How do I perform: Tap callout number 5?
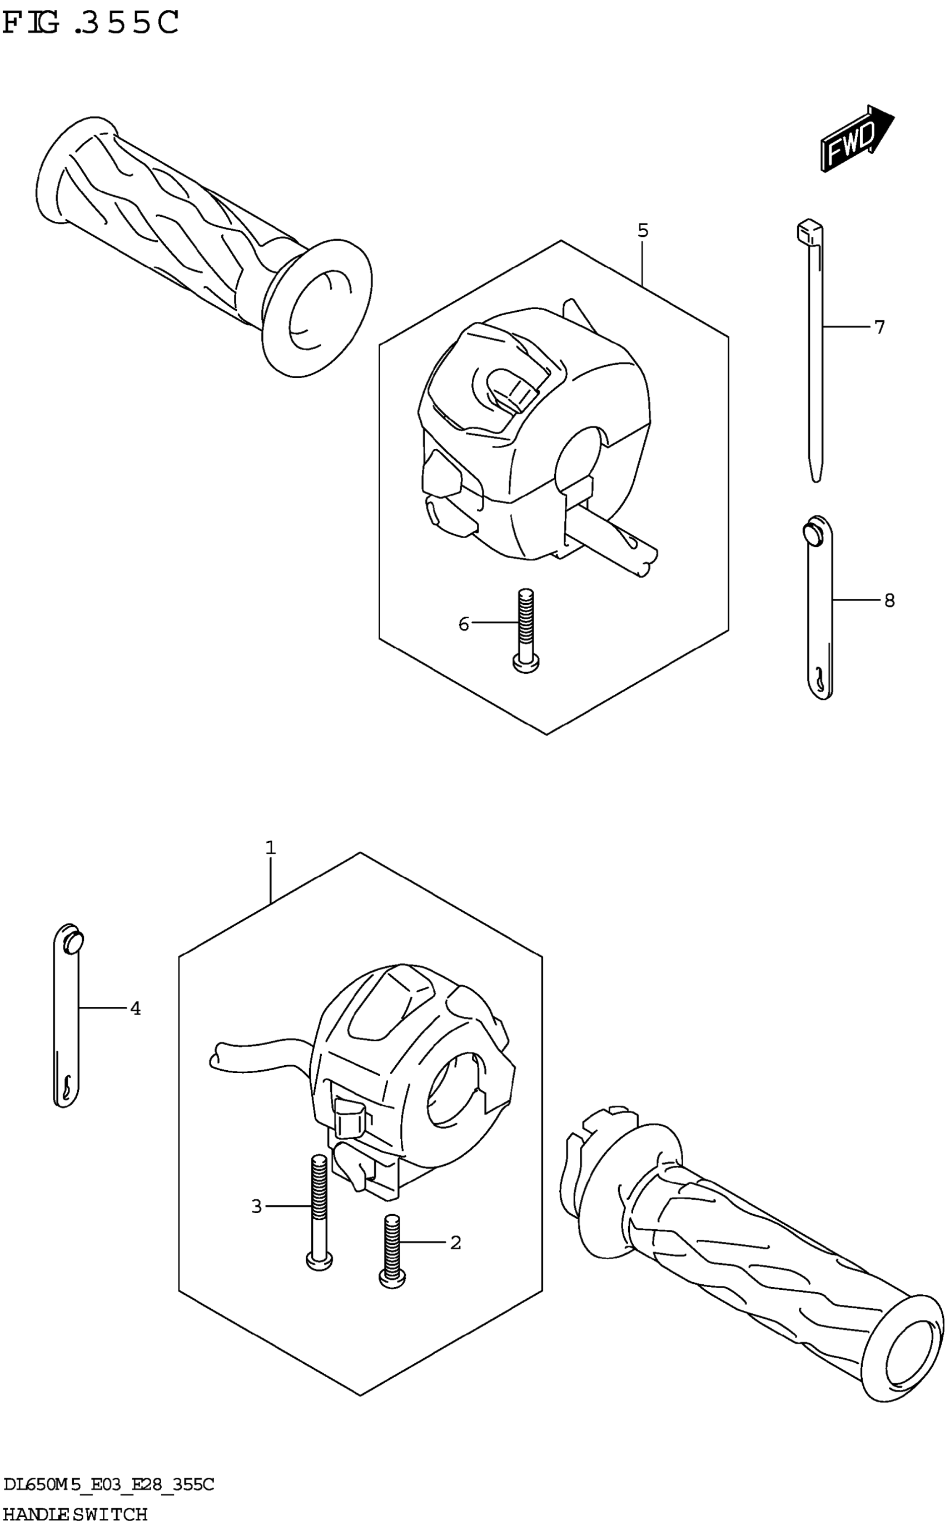point(643,231)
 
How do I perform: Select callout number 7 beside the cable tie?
point(879,327)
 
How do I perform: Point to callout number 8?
point(889,600)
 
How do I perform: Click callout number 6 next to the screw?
point(464,624)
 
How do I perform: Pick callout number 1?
point(270,848)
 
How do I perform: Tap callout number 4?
point(135,1008)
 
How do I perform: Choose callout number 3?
point(256,1206)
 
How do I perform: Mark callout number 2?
point(456,1243)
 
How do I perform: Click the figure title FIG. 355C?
point(91,24)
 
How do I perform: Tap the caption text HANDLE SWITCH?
point(75,1514)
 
